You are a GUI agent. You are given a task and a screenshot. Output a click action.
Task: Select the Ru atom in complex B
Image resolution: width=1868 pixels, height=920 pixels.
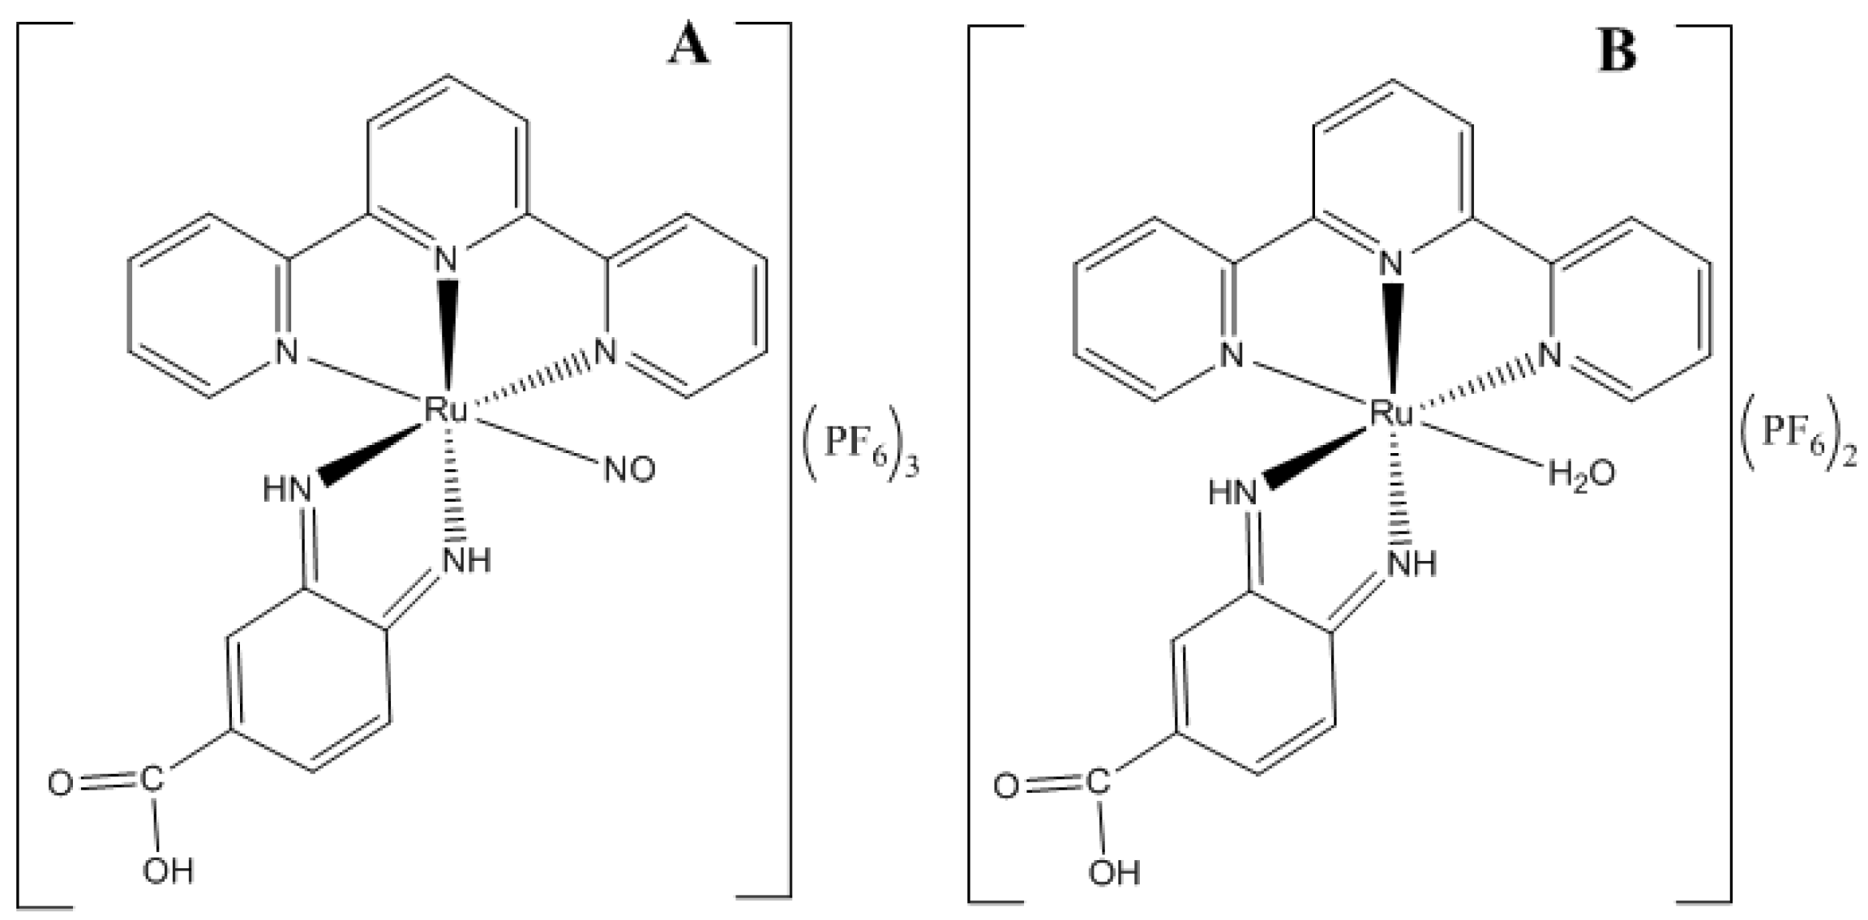[x=1391, y=414]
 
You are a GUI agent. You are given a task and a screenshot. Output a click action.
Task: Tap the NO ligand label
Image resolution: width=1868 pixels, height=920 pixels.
[x=629, y=471]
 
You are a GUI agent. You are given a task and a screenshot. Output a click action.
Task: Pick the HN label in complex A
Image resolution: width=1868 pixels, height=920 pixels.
[x=288, y=490]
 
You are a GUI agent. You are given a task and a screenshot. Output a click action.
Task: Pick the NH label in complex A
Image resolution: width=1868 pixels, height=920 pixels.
[x=467, y=559]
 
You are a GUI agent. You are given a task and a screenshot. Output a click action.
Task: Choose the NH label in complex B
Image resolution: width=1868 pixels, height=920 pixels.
[x=1413, y=563]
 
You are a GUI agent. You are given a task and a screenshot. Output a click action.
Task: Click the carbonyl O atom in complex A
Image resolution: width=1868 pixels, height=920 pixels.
[x=60, y=785]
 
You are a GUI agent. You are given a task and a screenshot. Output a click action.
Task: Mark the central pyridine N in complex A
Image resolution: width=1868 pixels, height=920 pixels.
[x=446, y=259]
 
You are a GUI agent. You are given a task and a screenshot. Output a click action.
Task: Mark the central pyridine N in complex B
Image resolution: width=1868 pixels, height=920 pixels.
[x=1391, y=263]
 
